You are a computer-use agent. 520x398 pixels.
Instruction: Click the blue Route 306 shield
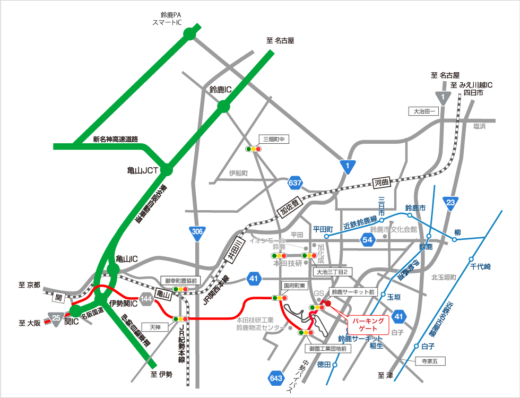coord(197,232)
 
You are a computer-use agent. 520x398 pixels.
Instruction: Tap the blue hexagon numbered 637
coord(296,184)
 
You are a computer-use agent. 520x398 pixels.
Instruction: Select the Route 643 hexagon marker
coord(276,378)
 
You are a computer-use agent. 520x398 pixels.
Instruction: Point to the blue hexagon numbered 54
coord(368,240)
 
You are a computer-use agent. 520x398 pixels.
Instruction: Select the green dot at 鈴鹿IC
coord(223,106)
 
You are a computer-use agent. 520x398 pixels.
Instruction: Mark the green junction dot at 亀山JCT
coord(167,170)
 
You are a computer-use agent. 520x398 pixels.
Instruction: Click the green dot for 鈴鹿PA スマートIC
coord(189,34)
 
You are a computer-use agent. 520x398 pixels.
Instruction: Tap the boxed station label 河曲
coord(382,183)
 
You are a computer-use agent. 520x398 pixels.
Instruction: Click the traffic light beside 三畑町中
coord(253,149)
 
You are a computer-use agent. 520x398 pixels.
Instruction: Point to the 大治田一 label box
coord(423,111)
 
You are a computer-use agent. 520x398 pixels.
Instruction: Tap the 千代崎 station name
coord(481,267)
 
